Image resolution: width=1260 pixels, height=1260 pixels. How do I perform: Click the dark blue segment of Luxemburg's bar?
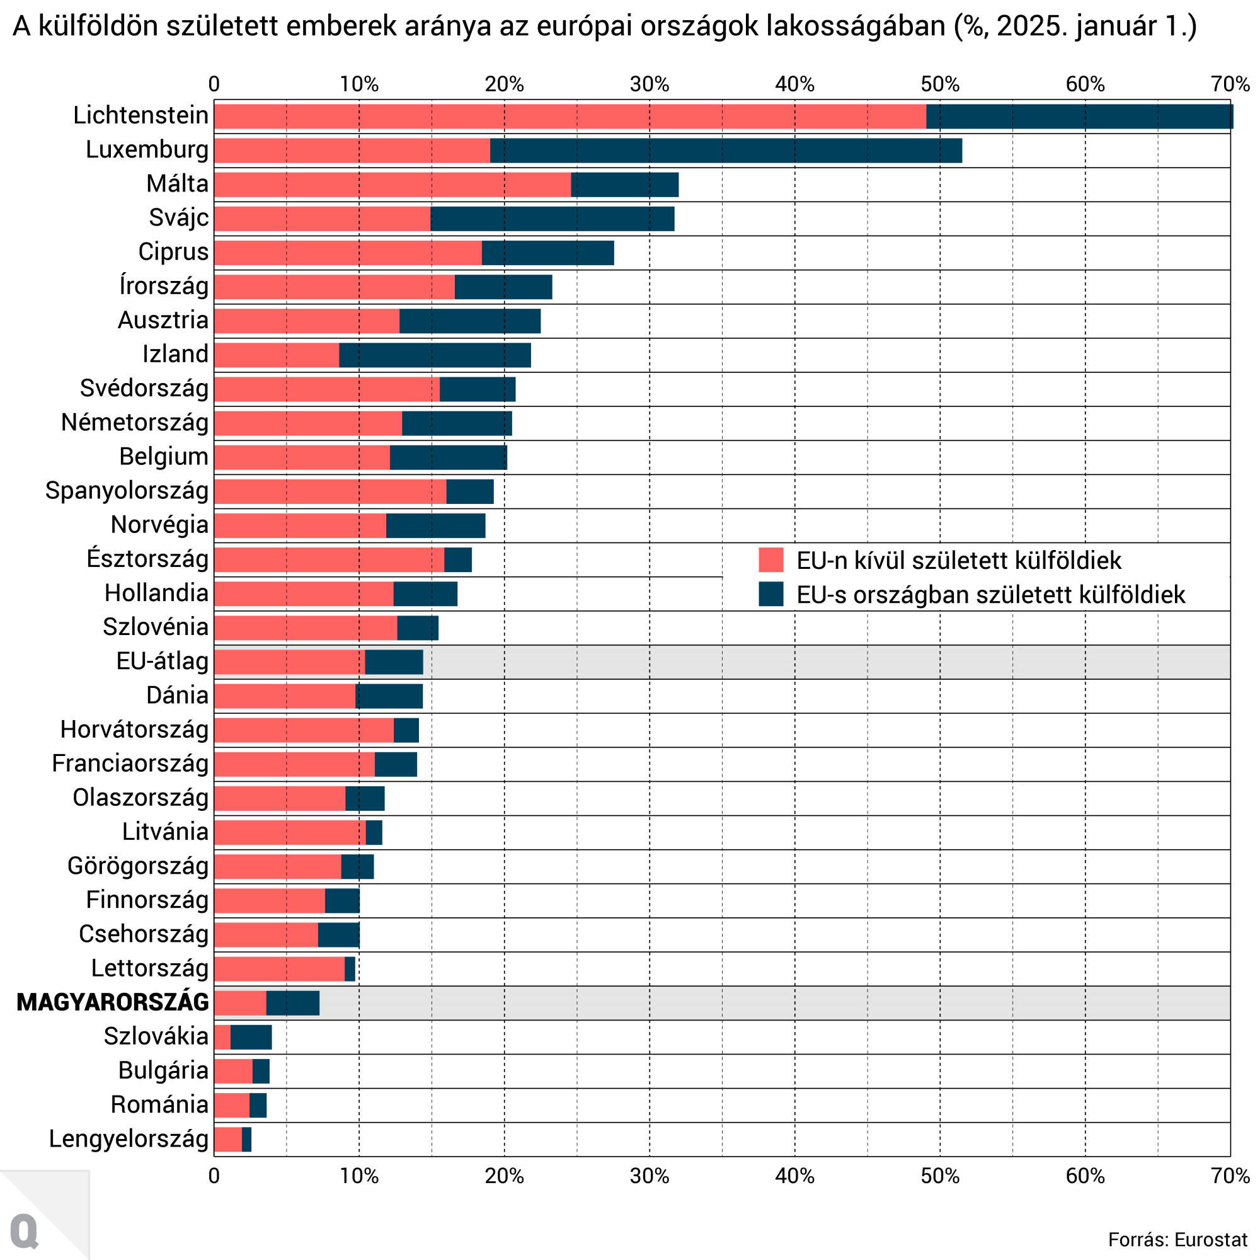[725, 151]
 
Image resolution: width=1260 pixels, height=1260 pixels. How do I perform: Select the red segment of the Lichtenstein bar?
[570, 116]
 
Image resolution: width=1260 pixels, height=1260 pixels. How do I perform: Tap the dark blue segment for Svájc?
[552, 219]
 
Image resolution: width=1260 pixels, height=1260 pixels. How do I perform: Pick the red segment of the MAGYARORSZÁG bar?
[240, 1002]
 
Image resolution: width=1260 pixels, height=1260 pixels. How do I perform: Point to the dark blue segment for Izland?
[434, 355]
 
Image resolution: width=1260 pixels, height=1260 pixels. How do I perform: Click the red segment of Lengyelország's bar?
[227, 1138]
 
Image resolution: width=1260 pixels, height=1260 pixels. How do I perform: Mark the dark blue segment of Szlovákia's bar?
[251, 1037]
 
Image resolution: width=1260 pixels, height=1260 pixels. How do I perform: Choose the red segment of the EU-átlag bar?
[289, 662]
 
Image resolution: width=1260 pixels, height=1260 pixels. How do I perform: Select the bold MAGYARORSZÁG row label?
[113, 1002]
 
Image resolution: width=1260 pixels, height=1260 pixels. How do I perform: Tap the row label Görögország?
[137, 866]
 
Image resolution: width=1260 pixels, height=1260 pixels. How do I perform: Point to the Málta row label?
[177, 184]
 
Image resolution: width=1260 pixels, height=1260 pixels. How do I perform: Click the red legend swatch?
[770, 560]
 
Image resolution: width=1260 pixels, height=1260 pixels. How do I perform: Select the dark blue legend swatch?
[770, 594]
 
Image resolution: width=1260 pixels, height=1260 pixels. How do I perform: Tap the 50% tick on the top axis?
[940, 85]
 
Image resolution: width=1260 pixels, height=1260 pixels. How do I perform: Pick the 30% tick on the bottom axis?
[650, 1176]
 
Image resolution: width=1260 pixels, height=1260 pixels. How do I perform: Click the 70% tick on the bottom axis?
[1230, 1176]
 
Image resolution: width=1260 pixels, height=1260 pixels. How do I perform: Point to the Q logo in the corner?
[25, 1231]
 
